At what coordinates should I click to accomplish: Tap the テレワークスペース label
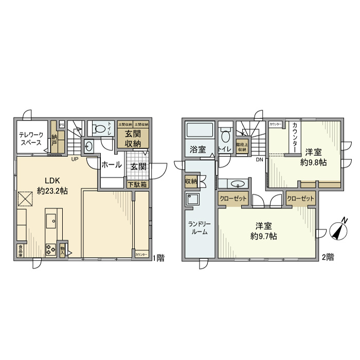click(x=30, y=140)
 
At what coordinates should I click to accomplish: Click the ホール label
click(x=111, y=166)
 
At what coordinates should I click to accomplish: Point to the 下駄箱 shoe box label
click(x=137, y=184)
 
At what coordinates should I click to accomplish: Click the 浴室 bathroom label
click(x=198, y=150)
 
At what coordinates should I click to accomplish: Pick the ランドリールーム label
click(x=199, y=227)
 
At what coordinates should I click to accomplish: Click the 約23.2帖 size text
click(x=53, y=191)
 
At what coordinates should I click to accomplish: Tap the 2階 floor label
click(x=328, y=257)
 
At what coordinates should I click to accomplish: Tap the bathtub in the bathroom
click(x=198, y=131)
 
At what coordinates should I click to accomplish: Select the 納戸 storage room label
click(x=55, y=140)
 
